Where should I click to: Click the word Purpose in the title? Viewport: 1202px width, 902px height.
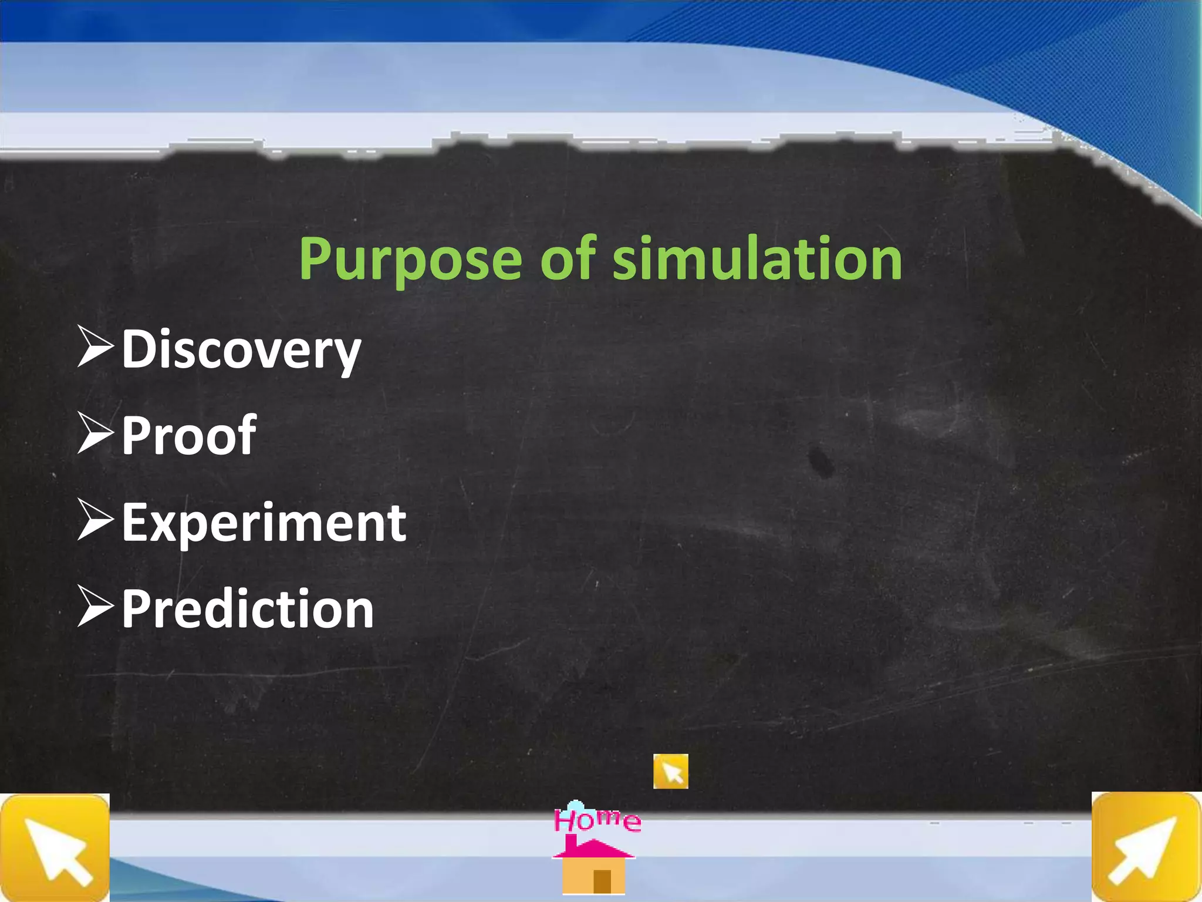pos(410,260)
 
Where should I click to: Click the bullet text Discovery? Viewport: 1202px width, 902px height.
pos(241,350)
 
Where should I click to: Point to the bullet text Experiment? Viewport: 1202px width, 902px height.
pos(264,522)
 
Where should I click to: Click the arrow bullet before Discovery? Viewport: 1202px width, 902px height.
pos(94,348)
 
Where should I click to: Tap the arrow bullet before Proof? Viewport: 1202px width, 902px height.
pos(94,433)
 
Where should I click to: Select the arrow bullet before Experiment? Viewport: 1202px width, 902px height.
pos(94,520)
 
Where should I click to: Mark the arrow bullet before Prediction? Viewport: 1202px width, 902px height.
pos(94,607)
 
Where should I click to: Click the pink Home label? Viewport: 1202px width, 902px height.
pos(597,820)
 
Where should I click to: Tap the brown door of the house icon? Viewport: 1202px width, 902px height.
pos(602,881)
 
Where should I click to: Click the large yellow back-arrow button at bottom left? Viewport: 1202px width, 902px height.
pos(55,848)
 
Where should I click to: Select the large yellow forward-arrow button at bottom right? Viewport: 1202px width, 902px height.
pos(1146,847)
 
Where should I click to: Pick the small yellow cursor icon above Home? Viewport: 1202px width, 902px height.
pos(670,771)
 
